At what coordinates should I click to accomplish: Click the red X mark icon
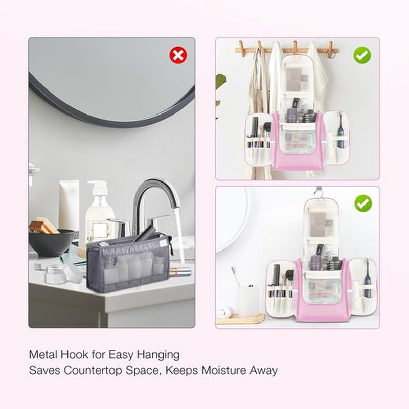(178, 55)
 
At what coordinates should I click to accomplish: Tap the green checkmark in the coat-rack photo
(362, 55)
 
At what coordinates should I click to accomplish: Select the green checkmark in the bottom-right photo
(363, 203)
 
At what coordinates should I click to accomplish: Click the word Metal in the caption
(43, 355)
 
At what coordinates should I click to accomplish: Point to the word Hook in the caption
(75, 355)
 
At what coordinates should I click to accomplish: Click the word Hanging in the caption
(158, 355)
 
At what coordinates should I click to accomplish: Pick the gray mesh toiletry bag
(129, 262)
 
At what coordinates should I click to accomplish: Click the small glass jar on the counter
(55, 274)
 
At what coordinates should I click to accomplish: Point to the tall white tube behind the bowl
(69, 206)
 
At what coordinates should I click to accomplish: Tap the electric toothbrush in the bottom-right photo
(367, 279)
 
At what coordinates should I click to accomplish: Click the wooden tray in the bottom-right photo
(240, 319)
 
